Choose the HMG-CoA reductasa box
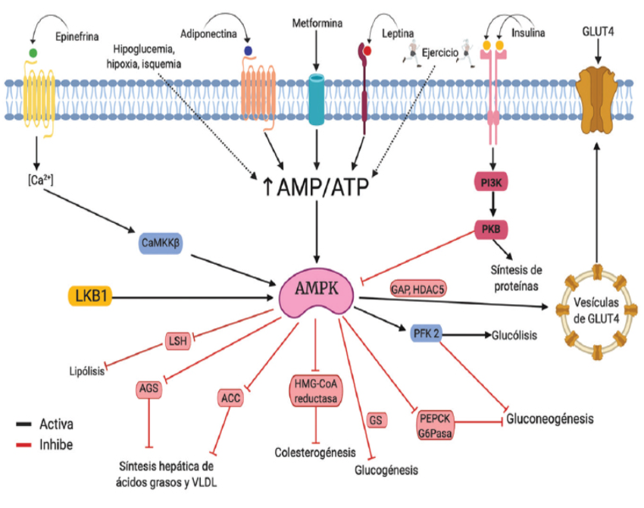point(316,389)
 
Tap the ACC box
point(230,396)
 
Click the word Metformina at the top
point(317,24)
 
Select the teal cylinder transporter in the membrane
point(317,96)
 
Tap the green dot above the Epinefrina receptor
point(33,52)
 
